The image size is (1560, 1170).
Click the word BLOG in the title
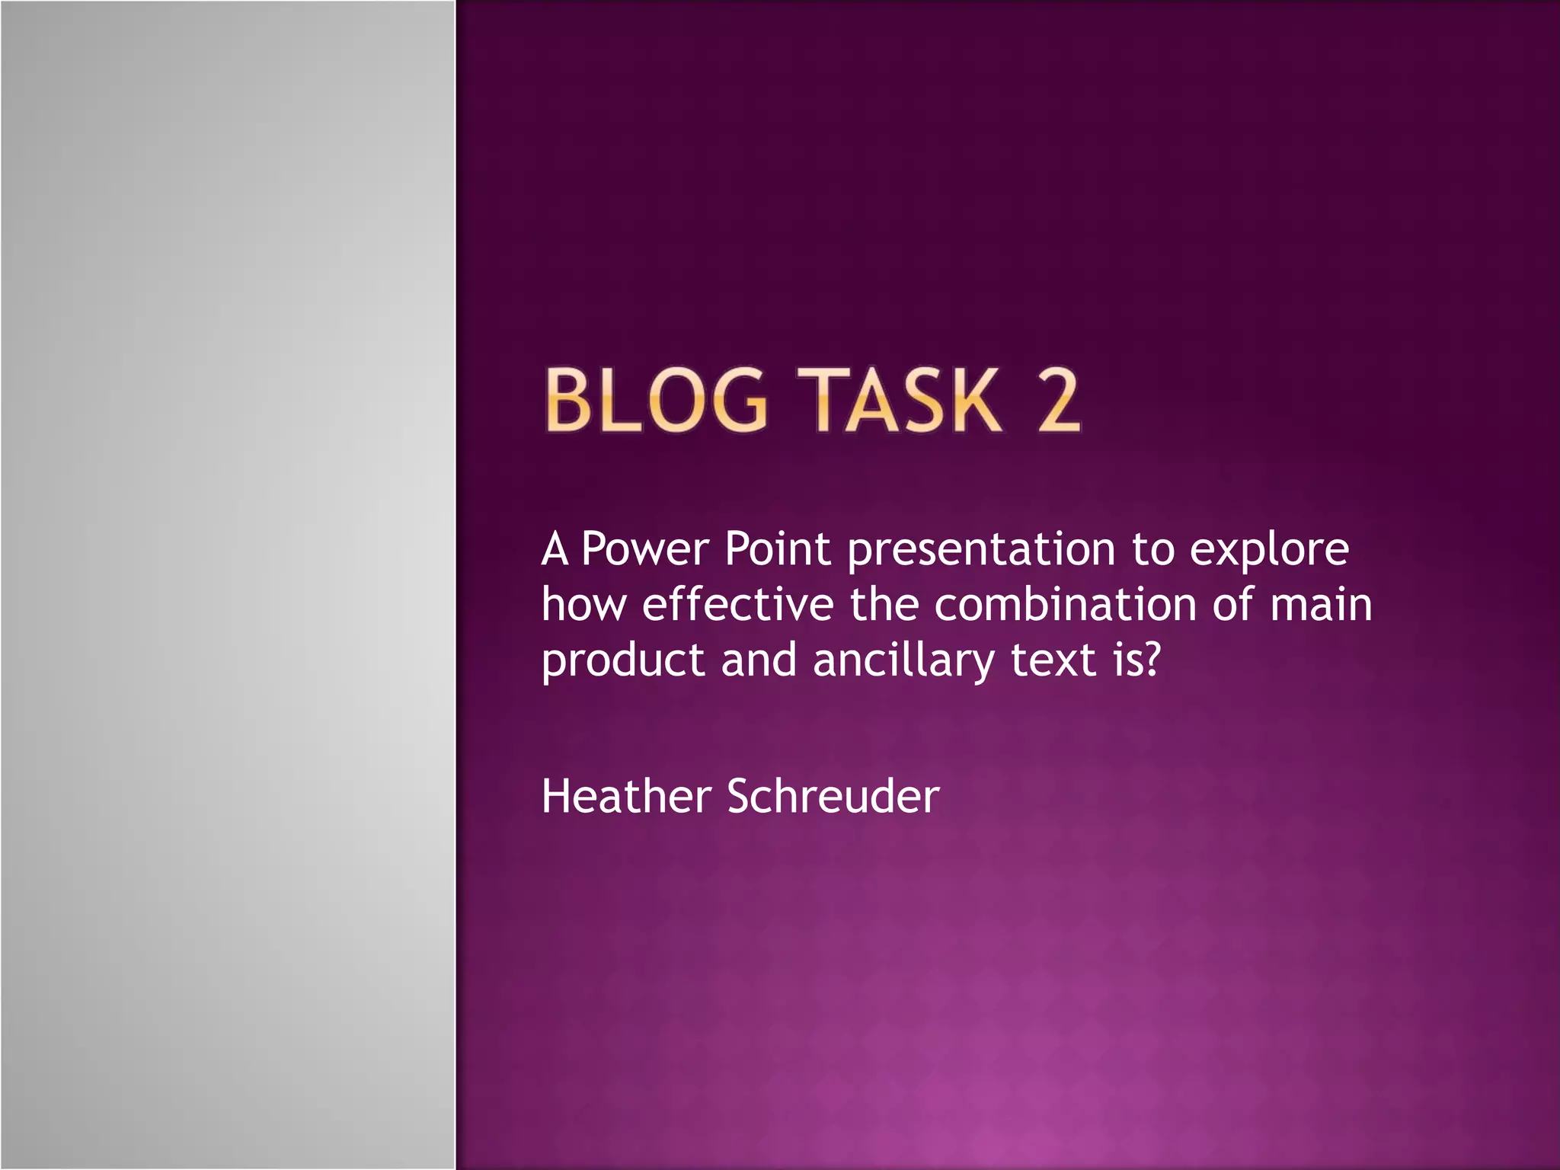coord(656,401)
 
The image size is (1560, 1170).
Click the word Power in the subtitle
coord(644,549)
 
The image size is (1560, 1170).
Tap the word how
coord(584,605)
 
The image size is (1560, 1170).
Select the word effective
coord(738,605)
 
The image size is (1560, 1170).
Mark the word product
coord(623,661)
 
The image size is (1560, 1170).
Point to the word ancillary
coord(903,661)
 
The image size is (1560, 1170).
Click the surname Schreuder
coord(833,797)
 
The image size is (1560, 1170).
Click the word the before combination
coord(884,605)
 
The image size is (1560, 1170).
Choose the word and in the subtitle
coord(759,660)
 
